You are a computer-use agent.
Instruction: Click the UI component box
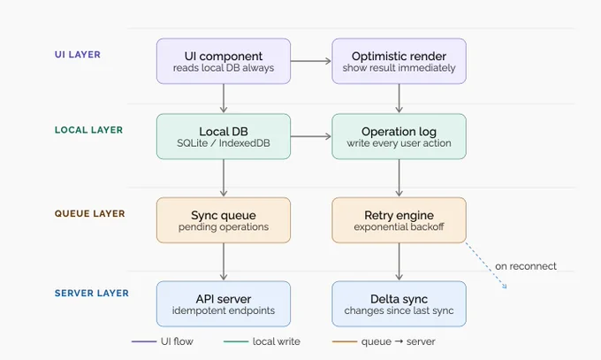(x=224, y=61)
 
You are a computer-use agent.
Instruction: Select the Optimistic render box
(x=399, y=61)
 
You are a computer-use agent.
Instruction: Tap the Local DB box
(x=224, y=136)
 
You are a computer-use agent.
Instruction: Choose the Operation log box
(x=399, y=136)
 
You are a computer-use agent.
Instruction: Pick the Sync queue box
(x=224, y=220)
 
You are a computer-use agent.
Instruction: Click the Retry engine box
(x=399, y=220)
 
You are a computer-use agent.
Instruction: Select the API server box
(x=224, y=304)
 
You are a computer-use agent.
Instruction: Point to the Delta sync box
(x=399, y=304)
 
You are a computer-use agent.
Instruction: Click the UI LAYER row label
(x=78, y=55)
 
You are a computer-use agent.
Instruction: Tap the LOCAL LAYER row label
(x=88, y=130)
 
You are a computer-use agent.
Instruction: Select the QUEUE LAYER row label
(x=89, y=213)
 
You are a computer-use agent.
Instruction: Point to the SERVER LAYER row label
(x=92, y=294)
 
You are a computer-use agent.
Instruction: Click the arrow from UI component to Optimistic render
(x=311, y=61)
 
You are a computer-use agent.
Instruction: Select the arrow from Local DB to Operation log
(x=311, y=136)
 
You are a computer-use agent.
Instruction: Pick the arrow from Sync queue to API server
(x=224, y=262)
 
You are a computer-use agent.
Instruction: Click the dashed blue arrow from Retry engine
(x=486, y=265)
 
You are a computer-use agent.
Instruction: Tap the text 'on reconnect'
(x=526, y=266)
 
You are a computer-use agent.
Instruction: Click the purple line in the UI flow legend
(x=144, y=341)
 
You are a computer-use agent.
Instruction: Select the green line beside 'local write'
(x=236, y=341)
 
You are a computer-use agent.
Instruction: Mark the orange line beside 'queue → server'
(x=345, y=341)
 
